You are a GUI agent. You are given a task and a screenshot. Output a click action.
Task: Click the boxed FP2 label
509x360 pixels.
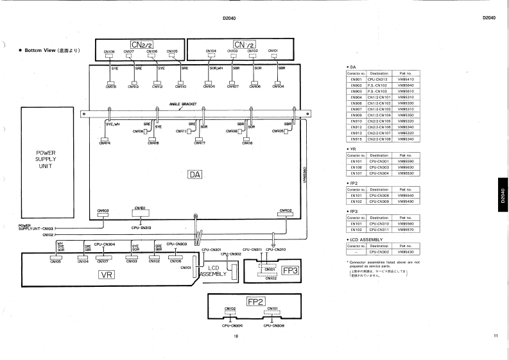(256, 301)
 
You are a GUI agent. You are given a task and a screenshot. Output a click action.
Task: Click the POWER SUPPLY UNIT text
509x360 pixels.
(48, 159)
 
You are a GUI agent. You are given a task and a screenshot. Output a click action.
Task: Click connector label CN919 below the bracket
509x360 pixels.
(105, 143)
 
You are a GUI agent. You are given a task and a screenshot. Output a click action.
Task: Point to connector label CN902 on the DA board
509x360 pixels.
(286, 210)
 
